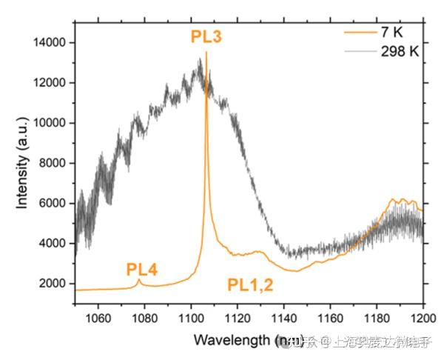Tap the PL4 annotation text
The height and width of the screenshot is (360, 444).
pyautogui.click(x=141, y=267)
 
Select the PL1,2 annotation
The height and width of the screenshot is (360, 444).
pyautogui.click(x=250, y=284)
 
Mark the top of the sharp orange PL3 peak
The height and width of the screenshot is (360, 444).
pyautogui.click(x=206, y=53)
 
